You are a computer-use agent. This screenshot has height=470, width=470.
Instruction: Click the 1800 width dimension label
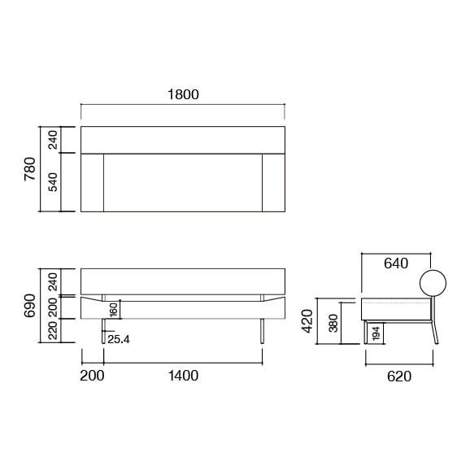pyautogui.click(x=183, y=94)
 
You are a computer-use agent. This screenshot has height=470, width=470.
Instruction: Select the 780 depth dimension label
pyautogui.click(x=30, y=169)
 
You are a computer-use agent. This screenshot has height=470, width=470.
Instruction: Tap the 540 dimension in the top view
pyautogui.click(x=53, y=182)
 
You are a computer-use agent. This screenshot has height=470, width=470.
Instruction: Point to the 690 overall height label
pyautogui.click(x=30, y=305)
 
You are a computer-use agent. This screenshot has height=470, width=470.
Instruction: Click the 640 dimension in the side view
pyautogui.click(x=395, y=263)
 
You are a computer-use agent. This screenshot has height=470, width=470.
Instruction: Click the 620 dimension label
pyautogui.click(x=398, y=376)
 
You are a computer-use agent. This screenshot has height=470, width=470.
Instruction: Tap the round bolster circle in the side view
pyautogui.click(x=433, y=283)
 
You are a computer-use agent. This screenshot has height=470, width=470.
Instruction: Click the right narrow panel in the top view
pyautogui.click(x=273, y=182)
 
